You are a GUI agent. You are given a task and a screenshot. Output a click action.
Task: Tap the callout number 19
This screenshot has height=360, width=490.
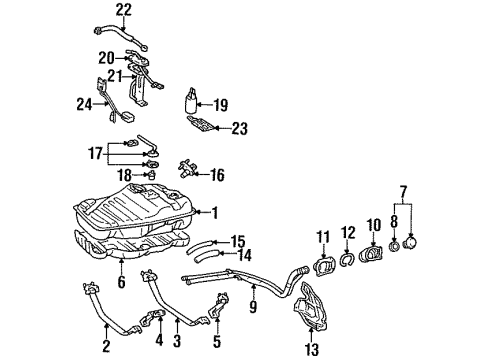221,103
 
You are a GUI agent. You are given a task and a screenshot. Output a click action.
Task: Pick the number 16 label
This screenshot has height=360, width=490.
216,174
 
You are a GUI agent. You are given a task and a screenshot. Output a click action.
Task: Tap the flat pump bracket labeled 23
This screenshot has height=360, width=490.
203,126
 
